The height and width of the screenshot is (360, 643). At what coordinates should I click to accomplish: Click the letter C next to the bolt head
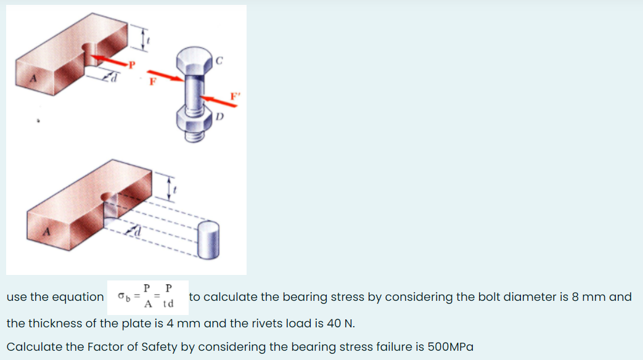click(219, 60)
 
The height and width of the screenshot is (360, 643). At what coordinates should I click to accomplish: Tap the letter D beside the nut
click(220, 117)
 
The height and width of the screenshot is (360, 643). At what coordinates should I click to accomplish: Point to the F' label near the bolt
click(234, 96)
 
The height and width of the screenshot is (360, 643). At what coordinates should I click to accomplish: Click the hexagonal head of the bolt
click(192, 60)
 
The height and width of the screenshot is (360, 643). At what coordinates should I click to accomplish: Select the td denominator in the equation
click(168, 304)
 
